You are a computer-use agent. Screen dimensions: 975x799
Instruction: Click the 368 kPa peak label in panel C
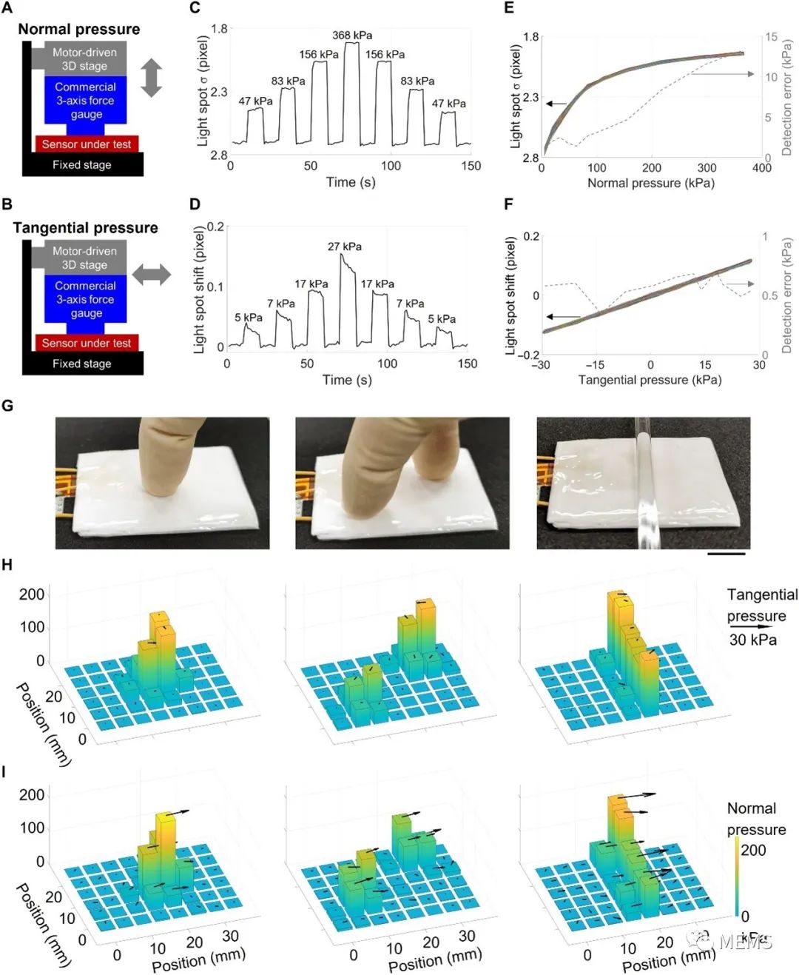pos(352,36)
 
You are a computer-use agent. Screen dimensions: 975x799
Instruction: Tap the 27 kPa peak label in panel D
pos(345,247)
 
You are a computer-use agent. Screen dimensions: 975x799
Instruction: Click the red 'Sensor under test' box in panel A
pos(87,144)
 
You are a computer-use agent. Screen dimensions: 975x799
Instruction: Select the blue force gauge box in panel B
pos(86,299)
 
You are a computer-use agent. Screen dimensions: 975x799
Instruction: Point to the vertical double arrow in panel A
pos(151,78)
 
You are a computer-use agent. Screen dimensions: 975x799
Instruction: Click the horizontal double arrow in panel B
pos(152,275)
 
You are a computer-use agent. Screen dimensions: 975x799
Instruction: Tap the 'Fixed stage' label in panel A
pos(82,165)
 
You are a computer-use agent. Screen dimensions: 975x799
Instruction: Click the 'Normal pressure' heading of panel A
pos(79,30)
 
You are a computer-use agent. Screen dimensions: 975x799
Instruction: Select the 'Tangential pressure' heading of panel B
pos(86,228)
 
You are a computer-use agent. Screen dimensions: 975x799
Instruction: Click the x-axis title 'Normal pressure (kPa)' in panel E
pos(651,183)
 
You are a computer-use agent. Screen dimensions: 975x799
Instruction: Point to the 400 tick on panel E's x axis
pos(761,168)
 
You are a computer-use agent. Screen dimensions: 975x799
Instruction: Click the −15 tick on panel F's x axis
pos(594,365)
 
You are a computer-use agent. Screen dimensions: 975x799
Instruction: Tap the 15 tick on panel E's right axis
pos(771,37)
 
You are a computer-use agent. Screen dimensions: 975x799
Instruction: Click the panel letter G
pos(8,405)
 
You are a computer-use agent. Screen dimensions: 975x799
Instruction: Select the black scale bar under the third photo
pos(726,552)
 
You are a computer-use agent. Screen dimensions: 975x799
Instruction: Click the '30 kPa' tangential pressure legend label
pos(753,640)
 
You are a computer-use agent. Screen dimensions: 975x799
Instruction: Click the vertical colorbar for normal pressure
pos(737,877)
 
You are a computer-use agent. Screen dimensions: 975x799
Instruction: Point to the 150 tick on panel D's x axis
pos(468,363)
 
